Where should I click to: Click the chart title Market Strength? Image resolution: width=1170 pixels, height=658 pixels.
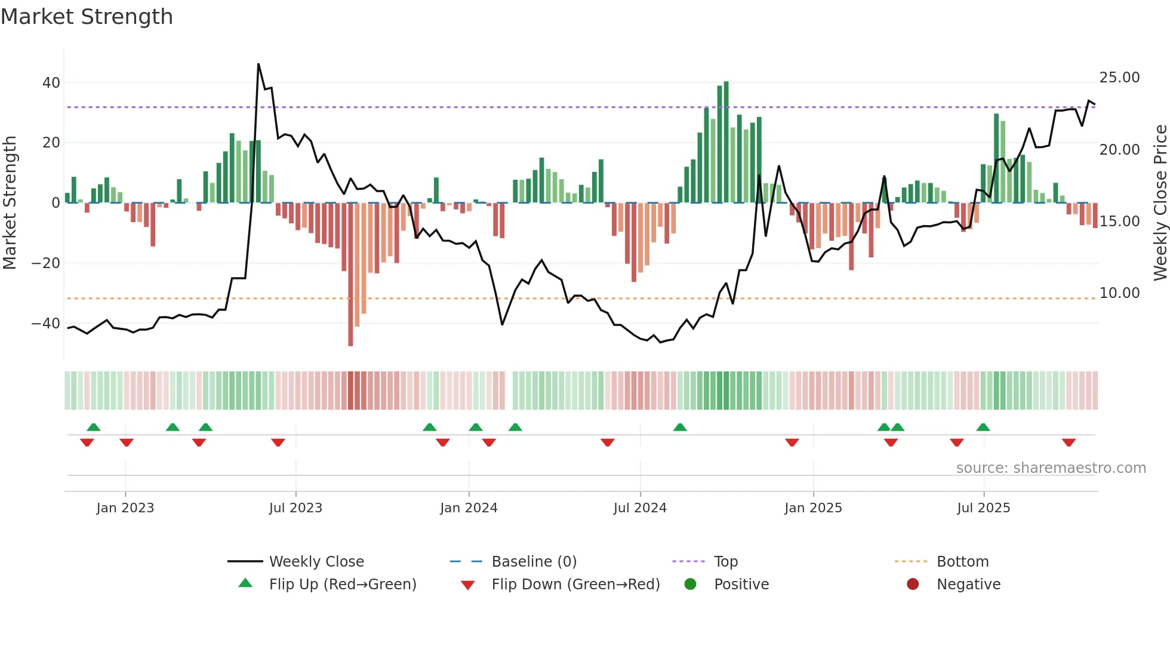click(x=87, y=17)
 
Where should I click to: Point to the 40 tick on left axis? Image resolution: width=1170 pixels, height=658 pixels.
click(x=51, y=83)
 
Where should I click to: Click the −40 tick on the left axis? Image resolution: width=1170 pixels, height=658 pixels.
click(x=46, y=324)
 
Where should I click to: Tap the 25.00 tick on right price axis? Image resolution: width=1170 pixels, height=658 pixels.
click(x=1119, y=78)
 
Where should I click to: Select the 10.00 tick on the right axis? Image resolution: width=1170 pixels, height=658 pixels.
click(x=1119, y=293)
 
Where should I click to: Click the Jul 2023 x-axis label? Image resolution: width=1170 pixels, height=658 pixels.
click(x=295, y=508)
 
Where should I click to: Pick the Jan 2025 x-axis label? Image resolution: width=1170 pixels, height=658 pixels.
click(x=813, y=508)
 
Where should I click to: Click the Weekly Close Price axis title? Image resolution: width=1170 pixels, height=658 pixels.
click(x=1160, y=203)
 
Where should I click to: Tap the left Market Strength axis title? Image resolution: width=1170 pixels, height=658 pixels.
click(x=10, y=203)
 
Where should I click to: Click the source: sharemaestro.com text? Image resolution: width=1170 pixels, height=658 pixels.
click(x=1051, y=468)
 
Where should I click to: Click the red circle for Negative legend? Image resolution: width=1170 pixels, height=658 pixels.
click(x=913, y=585)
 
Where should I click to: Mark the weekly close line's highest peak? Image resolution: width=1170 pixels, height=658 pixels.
click(x=258, y=64)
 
